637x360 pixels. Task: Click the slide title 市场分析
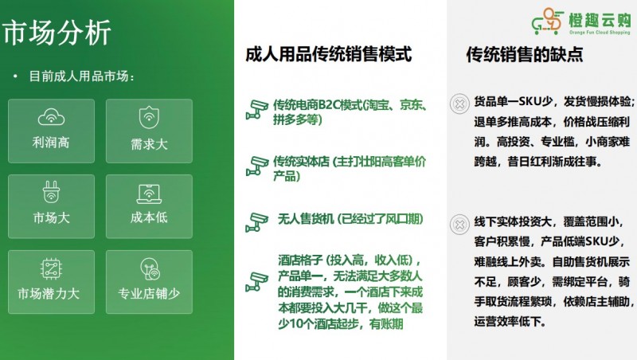(x=57, y=33)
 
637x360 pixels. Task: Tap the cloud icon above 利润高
(x=51, y=118)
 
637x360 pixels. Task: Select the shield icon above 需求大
(x=148, y=118)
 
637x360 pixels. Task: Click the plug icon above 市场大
(x=51, y=193)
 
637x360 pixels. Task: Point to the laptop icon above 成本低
(x=148, y=193)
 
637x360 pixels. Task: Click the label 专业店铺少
(x=148, y=294)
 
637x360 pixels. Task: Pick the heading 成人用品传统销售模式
(x=329, y=55)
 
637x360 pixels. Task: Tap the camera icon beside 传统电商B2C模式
(x=256, y=111)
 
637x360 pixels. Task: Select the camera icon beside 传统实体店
(x=256, y=166)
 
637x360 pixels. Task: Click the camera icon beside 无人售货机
(x=256, y=221)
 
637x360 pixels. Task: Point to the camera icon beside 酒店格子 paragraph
(x=256, y=281)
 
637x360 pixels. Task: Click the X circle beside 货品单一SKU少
(x=459, y=104)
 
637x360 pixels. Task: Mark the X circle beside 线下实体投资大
(x=459, y=225)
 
